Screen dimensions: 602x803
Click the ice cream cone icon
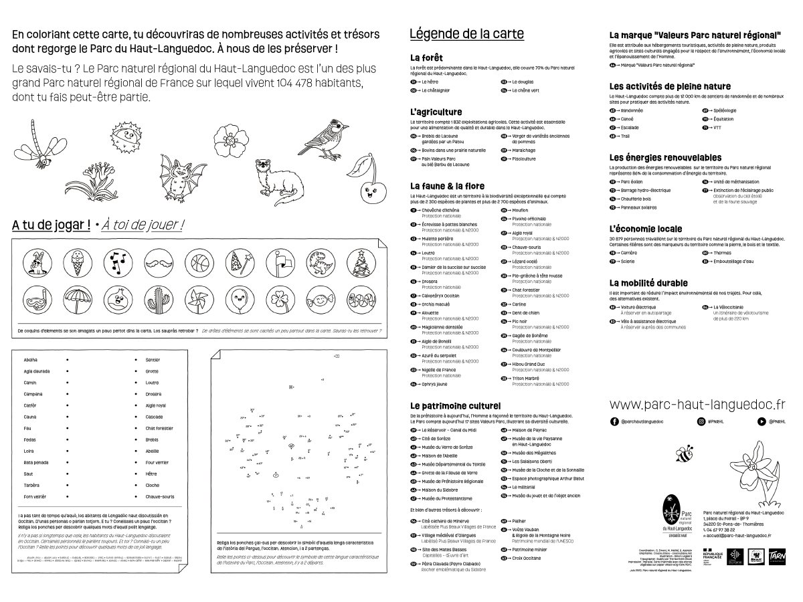click(x=72, y=262)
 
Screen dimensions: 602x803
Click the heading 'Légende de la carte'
click(x=466, y=34)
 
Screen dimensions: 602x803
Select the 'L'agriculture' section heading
click(x=436, y=112)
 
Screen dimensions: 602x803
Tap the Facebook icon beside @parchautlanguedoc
click(x=614, y=421)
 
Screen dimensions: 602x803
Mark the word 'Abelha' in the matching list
click(x=31, y=359)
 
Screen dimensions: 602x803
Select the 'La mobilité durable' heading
click(x=648, y=283)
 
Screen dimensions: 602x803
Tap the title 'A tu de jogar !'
click(x=51, y=225)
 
